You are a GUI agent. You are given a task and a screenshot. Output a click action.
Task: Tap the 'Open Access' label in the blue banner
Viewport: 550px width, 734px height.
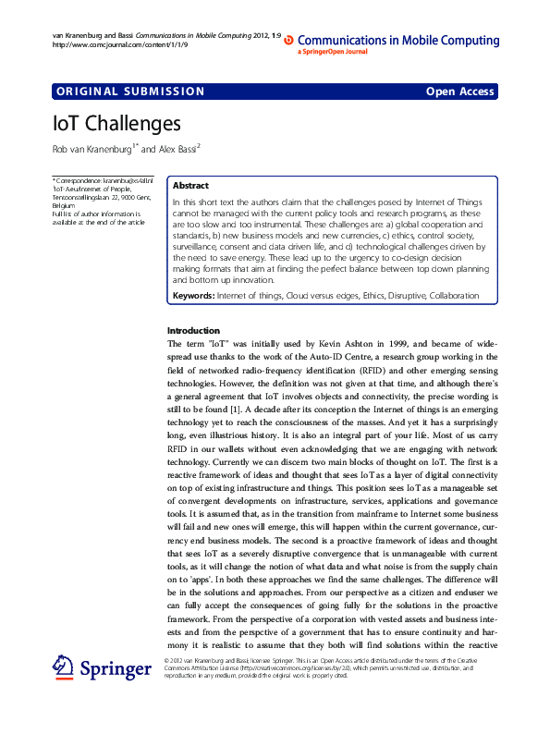tap(459, 92)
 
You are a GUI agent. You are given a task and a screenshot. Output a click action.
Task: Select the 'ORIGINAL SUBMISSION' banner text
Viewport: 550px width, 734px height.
tap(130, 92)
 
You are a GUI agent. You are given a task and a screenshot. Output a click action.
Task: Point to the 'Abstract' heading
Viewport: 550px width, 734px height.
tap(190, 186)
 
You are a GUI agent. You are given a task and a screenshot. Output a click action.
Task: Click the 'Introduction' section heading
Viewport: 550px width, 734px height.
tap(193, 330)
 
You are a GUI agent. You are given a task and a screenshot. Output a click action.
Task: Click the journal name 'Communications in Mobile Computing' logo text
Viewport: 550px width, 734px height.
tap(398, 41)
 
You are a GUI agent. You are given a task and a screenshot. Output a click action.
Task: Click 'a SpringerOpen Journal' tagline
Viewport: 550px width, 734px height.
tap(333, 53)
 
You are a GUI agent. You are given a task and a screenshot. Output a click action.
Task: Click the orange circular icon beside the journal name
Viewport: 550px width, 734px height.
tap(288, 41)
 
